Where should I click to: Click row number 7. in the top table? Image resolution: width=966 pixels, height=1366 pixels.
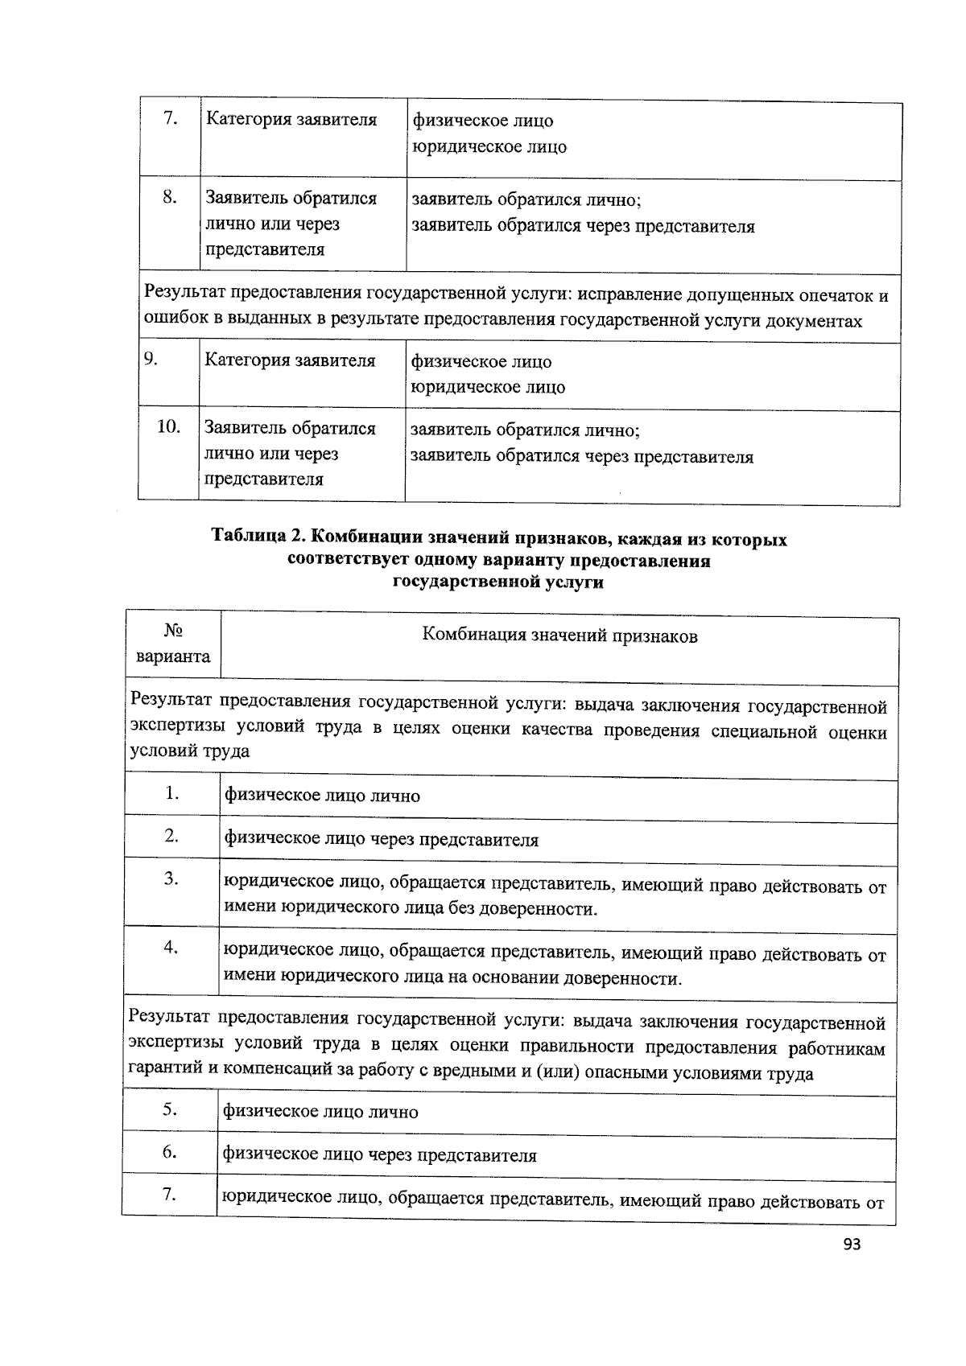pyautogui.click(x=170, y=118)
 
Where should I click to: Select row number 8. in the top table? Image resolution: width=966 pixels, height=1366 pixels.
pyautogui.click(x=170, y=196)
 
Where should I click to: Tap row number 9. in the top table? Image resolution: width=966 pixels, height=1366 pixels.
pyautogui.click(x=151, y=359)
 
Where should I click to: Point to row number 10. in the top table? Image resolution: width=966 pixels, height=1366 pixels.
pyautogui.click(x=168, y=426)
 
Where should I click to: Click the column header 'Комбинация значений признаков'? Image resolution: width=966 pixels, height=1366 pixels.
pyautogui.click(x=559, y=636)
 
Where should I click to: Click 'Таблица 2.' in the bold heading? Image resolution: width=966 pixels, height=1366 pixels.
pyautogui.click(x=257, y=538)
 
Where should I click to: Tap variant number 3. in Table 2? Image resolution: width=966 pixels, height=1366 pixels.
pyautogui.click(x=171, y=878)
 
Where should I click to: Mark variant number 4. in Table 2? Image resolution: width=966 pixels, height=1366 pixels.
pyautogui.click(x=171, y=947)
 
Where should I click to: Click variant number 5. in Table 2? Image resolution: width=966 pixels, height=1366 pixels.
pyautogui.click(x=170, y=1109)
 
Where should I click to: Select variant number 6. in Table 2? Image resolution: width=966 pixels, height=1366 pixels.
pyautogui.click(x=170, y=1152)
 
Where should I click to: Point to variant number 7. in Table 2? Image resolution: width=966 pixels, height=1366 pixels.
pyautogui.click(x=169, y=1195)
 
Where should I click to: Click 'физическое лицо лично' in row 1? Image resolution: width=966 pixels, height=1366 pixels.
pyautogui.click(x=322, y=796)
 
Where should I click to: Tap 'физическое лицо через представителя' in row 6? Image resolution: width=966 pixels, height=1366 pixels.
pyautogui.click(x=379, y=1156)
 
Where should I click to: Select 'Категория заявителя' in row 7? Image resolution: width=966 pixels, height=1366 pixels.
pyautogui.click(x=291, y=120)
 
